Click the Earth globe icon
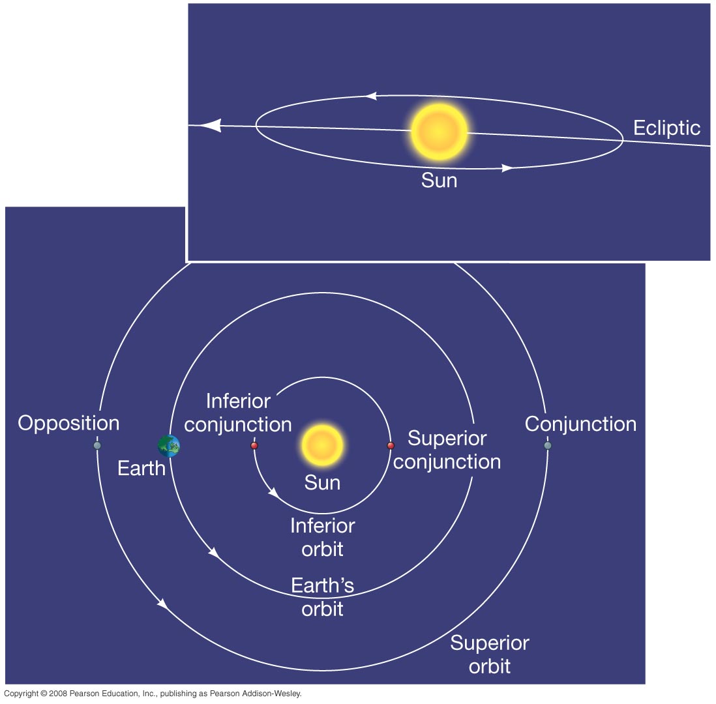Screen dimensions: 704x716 (x=169, y=446)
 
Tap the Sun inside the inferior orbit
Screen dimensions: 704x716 (x=322, y=445)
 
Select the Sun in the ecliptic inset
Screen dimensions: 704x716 (x=439, y=132)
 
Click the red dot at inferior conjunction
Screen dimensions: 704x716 (x=254, y=446)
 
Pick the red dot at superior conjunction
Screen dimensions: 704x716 (x=391, y=446)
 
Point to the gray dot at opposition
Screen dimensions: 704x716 (x=97, y=446)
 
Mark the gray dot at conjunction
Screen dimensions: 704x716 (x=548, y=446)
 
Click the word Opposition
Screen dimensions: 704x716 (x=68, y=424)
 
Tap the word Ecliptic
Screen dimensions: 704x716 (x=666, y=128)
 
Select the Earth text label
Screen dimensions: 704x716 (x=142, y=468)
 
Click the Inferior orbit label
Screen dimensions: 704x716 (x=322, y=537)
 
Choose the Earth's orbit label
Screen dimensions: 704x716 (x=322, y=596)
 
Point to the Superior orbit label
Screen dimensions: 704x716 (x=490, y=654)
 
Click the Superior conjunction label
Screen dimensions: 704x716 (x=447, y=450)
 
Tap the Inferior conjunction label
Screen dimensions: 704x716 (x=238, y=412)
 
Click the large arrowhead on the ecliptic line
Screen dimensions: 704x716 (x=210, y=126)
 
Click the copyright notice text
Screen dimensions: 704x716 (x=153, y=694)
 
